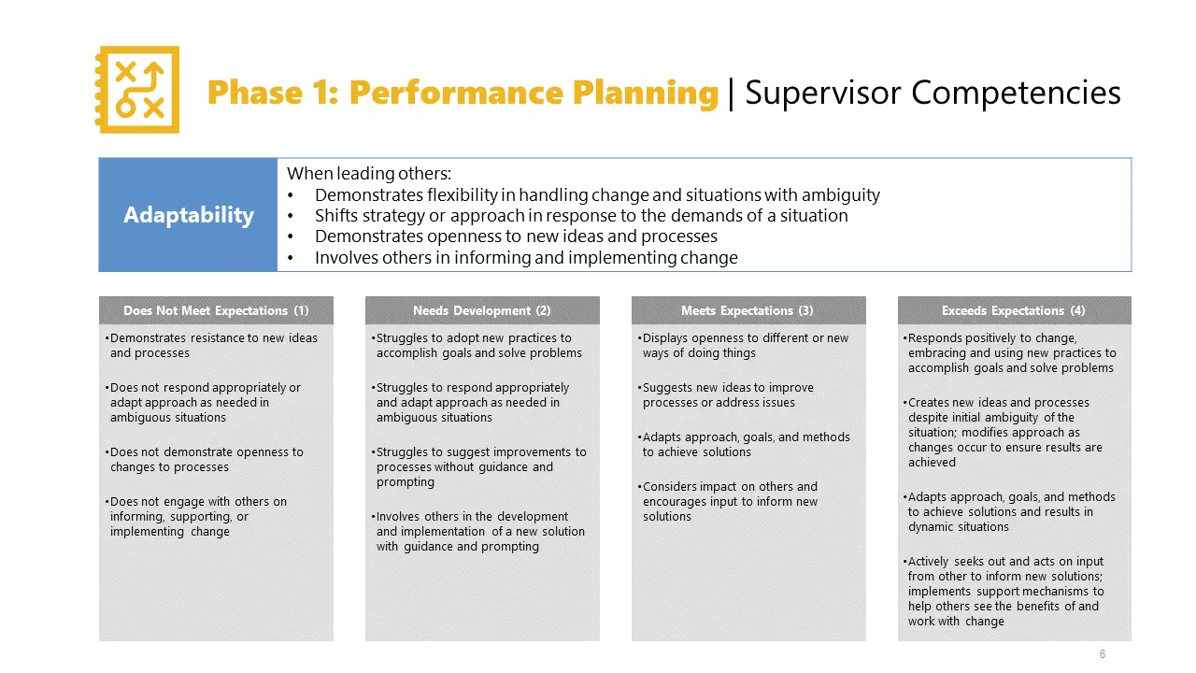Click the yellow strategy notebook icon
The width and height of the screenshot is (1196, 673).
pyautogui.click(x=137, y=90)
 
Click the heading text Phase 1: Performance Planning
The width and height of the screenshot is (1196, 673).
pyautogui.click(x=463, y=93)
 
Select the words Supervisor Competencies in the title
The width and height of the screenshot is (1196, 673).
pyautogui.click(x=932, y=93)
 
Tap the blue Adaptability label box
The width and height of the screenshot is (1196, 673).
pyautogui.click(x=188, y=215)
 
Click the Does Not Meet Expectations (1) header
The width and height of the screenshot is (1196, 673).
pyautogui.click(x=216, y=310)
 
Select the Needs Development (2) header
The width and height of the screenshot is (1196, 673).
pyautogui.click(x=481, y=310)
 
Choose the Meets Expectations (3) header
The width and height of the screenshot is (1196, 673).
pyautogui.click(x=747, y=310)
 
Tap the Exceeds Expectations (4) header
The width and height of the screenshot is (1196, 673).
pyautogui.click(x=1014, y=310)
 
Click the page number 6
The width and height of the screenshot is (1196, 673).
pyautogui.click(x=1103, y=654)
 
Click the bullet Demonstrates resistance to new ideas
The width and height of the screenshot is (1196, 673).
pyautogui.click(x=213, y=346)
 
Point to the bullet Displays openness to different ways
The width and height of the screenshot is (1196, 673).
pyautogui.click(x=745, y=346)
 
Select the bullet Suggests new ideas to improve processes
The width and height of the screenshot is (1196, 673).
pyautogui.click(x=727, y=395)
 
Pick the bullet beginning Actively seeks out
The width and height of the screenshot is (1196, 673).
pyautogui.click(x=1005, y=591)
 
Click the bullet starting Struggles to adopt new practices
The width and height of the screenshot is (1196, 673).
pyautogui.click(x=478, y=346)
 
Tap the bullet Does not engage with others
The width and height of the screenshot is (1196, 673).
pyautogui.click(x=198, y=516)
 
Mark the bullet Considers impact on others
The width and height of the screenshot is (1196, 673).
pyautogui.click(x=729, y=501)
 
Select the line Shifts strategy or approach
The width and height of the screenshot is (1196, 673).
pyautogui.click(x=581, y=216)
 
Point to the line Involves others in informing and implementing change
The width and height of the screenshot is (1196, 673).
pyautogui.click(x=526, y=258)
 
